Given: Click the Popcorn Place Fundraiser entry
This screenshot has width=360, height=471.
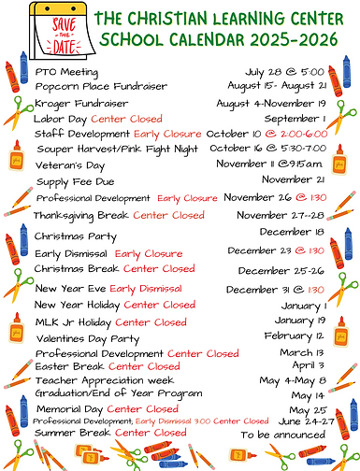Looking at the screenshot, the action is pos(88,86).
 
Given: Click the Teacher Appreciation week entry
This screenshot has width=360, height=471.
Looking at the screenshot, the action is pos(104,380).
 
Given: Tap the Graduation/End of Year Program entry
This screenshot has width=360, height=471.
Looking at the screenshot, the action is pos(118,393).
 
